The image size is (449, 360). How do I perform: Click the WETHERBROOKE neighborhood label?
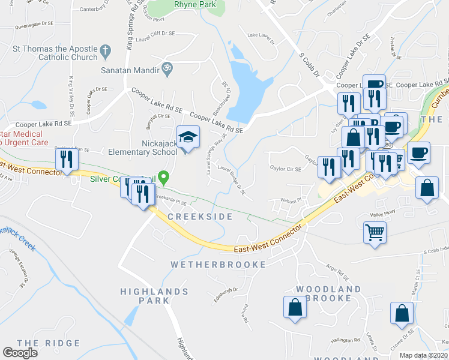point(218,264)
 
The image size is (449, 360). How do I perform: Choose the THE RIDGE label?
point(48,343)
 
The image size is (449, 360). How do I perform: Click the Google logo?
point(20,353)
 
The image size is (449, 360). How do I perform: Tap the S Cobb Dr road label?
point(309,64)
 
